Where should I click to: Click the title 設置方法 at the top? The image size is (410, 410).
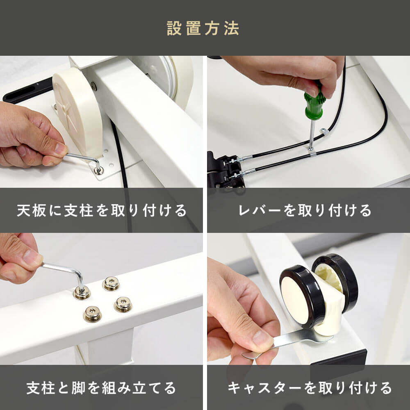pyautogui.click(x=203, y=28)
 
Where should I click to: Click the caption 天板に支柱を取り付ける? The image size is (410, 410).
pyautogui.click(x=102, y=210)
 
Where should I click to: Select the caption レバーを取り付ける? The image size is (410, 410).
pyautogui.click(x=305, y=210)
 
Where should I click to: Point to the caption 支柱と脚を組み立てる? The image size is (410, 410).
pyautogui.click(x=101, y=387)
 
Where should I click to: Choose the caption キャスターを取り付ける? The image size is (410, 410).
pyautogui.click(x=310, y=387)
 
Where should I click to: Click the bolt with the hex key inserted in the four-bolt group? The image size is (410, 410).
pyautogui.click(x=82, y=292)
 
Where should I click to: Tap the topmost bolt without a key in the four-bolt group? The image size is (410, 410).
pyautogui.click(x=111, y=283)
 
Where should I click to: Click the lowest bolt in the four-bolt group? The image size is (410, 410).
pyautogui.click(x=92, y=314)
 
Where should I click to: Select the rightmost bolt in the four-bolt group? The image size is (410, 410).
pyautogui.click(x=123, y=304)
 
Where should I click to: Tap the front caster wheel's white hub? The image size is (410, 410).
pyautogui.click(x=296, y=300)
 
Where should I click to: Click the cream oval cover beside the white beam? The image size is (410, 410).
pyautogui.click(x=77, y=112)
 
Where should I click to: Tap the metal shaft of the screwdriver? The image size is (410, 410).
pyautogui.click(x=312, y=133)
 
